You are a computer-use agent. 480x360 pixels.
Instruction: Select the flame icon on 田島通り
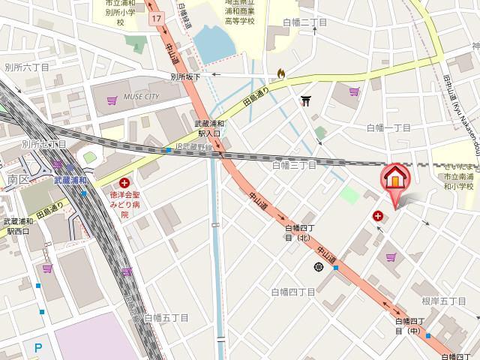click(x=280, y=73)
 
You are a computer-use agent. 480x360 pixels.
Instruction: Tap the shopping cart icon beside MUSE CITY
click(x=112, y=99)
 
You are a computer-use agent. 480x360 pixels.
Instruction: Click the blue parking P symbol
click(x=37, y=346)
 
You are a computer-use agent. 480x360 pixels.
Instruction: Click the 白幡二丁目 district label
click(x=305, y=22)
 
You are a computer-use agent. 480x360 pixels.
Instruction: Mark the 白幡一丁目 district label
click(x=389, y=127)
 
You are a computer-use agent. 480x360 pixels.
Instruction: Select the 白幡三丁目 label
click(x=294, y=164)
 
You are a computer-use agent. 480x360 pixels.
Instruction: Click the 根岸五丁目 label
click(x=444, y=301)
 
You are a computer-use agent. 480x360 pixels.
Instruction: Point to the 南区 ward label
click(x=17, y=180)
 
